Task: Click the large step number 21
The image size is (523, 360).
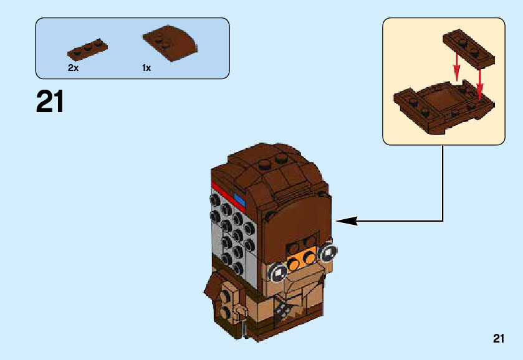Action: point(50,103)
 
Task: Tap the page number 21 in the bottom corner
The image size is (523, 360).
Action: point(497,339)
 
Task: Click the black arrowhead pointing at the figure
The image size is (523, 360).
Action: point(346,220)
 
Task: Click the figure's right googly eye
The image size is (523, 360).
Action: point(326,252)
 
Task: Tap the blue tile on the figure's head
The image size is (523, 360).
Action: point(240,200)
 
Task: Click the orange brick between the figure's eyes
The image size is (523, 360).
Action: point(302,257)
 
